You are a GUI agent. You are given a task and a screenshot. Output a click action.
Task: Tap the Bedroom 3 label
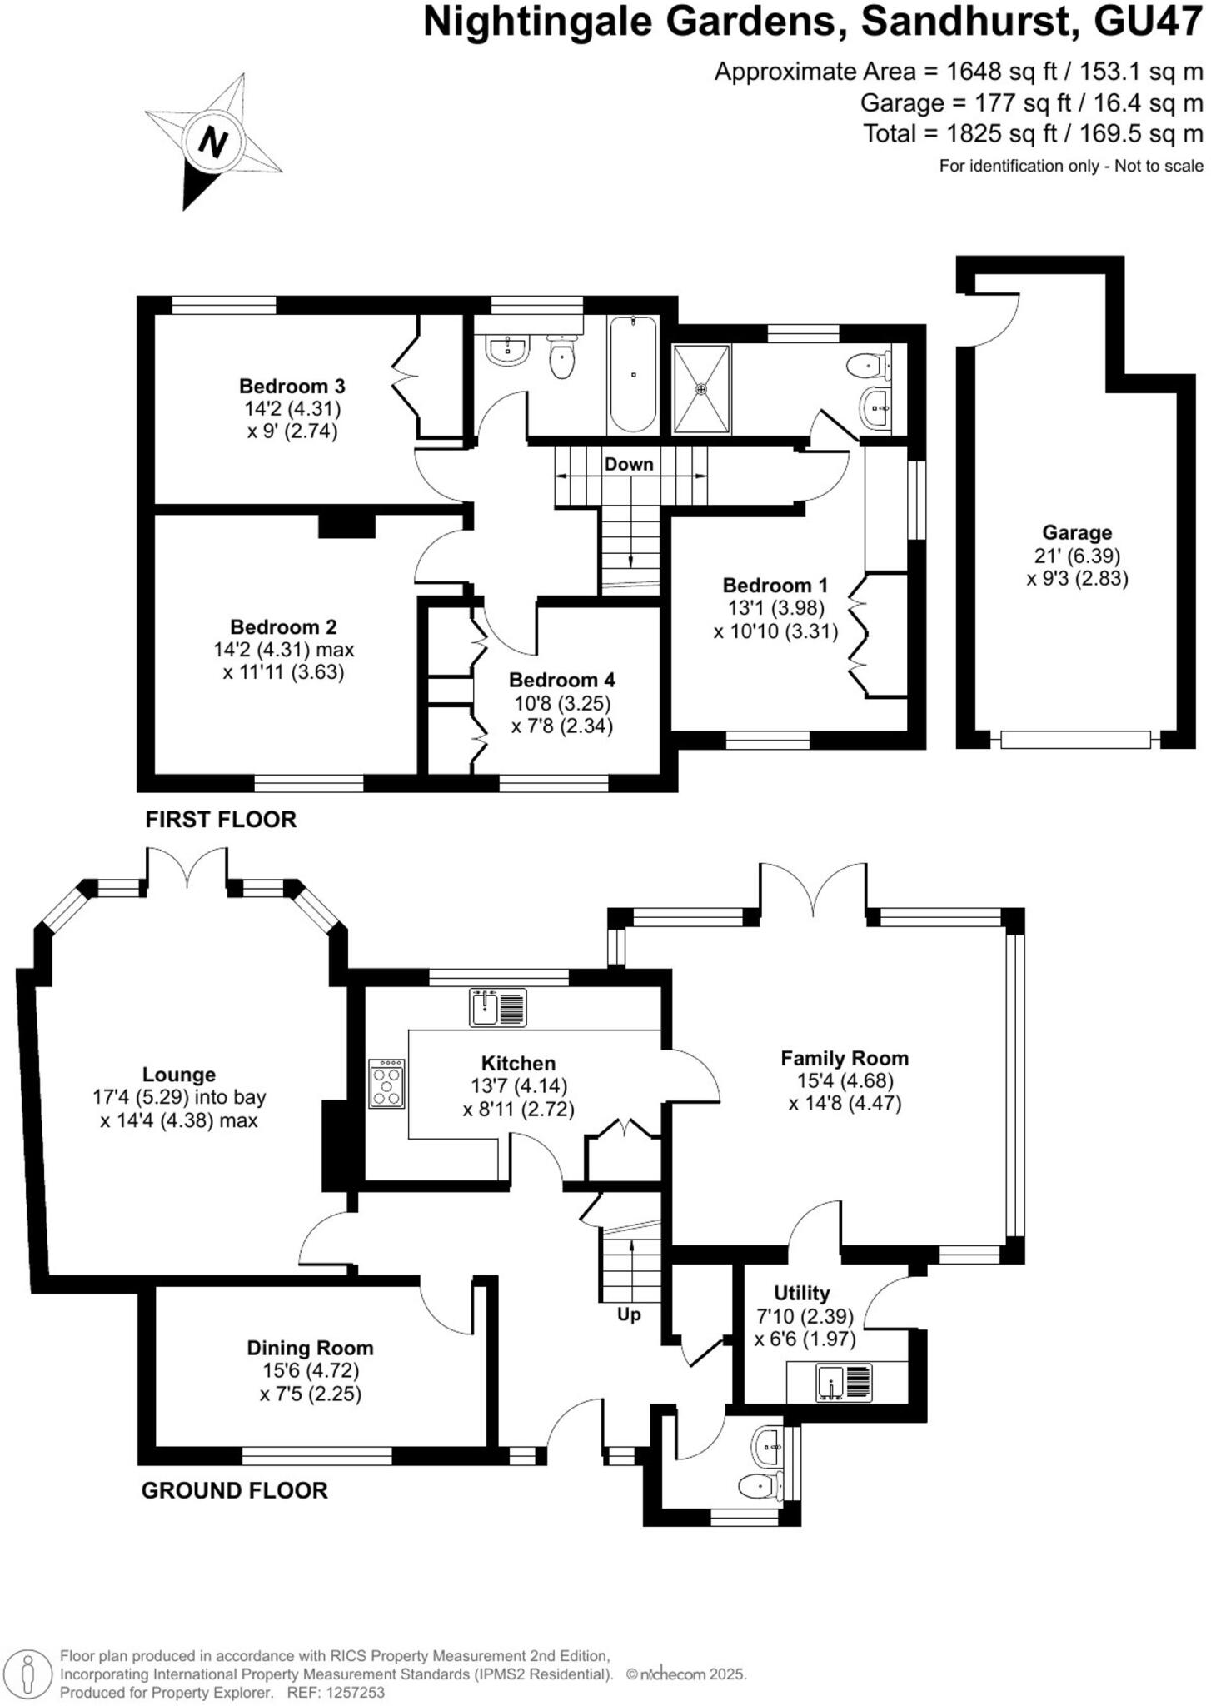[x=292, y=386]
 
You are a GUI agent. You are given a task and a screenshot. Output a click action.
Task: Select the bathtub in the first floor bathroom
[x=633, y=374]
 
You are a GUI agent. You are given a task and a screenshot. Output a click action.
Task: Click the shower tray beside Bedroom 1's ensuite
[x=701, y=389]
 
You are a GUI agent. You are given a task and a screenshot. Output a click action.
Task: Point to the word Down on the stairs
[x=629, y=464]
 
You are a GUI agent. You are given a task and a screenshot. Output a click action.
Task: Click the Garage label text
[x=1077, y=532]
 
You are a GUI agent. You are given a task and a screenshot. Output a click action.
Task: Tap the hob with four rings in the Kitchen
[x=386, y=1083]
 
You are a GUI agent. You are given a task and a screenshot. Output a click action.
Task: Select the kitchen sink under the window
[x=497, y=1006]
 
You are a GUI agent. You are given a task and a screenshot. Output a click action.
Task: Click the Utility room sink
[x=845, y=1382]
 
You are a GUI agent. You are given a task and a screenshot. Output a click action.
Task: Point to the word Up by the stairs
[x=629, y=1314]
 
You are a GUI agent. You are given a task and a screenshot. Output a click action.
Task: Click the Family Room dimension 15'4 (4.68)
[x=844, y=1081]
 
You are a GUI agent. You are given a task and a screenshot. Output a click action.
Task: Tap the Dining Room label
[x=310, y=1348]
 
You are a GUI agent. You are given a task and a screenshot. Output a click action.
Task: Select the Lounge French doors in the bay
[x=187, y=870]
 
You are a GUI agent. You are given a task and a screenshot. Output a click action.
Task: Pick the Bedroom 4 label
[x=561, y=680]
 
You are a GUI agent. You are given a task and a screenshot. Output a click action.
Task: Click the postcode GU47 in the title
[x=1148, y=22]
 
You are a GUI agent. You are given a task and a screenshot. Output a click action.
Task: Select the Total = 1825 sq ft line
[x=1032, y=133]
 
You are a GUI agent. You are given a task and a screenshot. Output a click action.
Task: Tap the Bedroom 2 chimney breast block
[x=346, y=526]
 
